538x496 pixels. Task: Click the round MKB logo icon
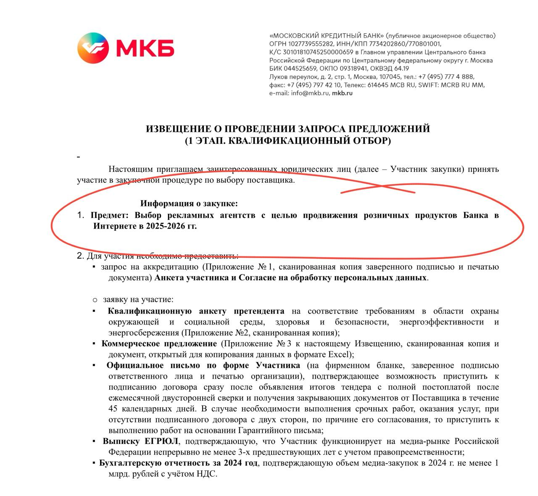[93, 47]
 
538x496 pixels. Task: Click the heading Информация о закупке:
[189, 204]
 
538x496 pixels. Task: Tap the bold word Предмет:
[109, 215]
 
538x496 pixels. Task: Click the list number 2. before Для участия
[80, 256]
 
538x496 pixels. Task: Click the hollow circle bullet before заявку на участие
[95, 300]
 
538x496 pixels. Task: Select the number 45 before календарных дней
[113, 409]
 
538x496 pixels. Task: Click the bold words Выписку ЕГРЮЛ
[140, 441]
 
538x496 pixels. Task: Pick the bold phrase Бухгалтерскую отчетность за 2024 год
[178, 463]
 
